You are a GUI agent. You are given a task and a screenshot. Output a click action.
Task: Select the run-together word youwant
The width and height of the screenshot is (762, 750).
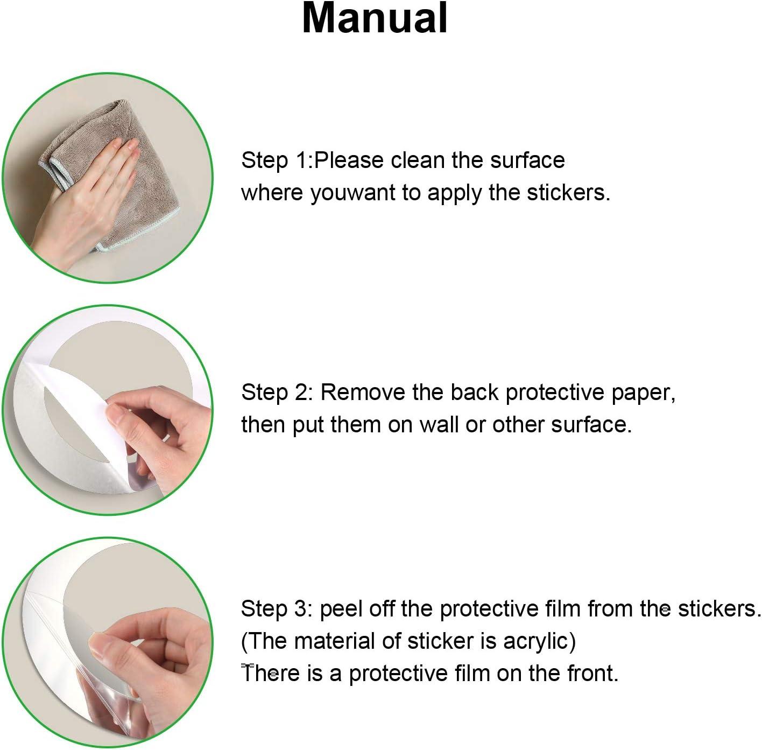coord(352,194)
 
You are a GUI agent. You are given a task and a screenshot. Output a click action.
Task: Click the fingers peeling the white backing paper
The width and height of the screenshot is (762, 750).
coord(158,427)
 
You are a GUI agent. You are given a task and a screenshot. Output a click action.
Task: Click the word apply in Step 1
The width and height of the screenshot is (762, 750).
coord(454,194)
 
